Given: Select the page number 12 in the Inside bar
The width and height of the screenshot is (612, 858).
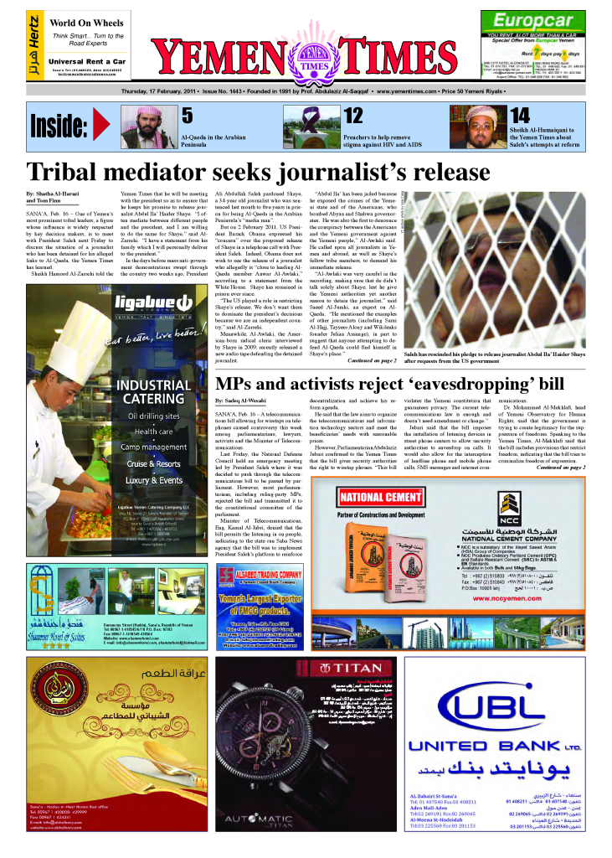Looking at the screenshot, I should (353, 116).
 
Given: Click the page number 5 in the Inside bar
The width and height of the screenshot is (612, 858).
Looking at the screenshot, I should (188, 116).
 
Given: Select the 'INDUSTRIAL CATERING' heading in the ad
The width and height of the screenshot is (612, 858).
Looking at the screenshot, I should (154, 392).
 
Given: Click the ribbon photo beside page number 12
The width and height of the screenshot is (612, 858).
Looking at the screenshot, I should (318, 127).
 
